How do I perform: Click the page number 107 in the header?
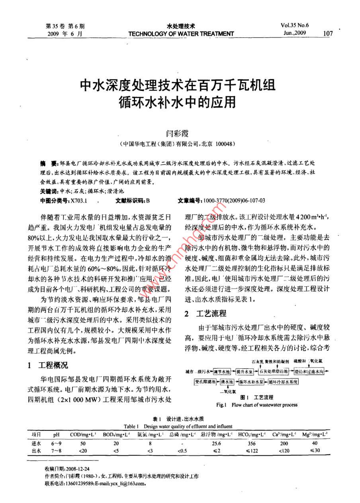pos(328,33)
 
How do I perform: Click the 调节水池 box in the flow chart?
pos(221,371)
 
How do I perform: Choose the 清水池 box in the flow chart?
pos(227,381)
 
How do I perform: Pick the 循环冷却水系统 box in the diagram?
pos(283,381)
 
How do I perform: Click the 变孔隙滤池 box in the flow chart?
pos(205,381)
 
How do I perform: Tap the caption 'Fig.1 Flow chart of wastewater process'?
pos(256,405)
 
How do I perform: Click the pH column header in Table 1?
pos(56,434)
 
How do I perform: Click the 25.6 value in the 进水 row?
pos(216,443)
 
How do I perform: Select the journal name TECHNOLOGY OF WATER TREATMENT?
pos(181,34)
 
